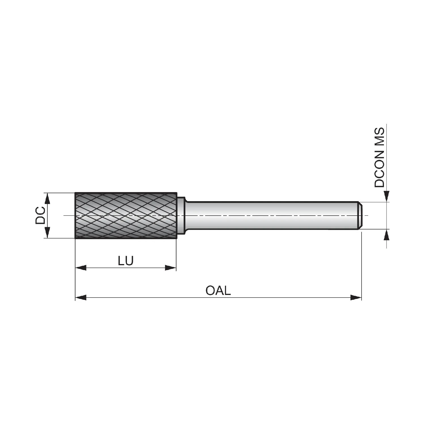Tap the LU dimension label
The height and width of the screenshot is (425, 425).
point(126,261)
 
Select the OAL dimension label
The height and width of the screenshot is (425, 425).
point(218,290)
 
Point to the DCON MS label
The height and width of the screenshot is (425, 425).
point(379,158)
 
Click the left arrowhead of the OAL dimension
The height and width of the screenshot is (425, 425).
point(80,297)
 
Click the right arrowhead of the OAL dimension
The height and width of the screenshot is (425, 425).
point(356,297)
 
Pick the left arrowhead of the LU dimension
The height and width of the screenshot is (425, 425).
point(80,268)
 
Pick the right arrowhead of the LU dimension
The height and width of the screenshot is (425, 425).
point(171,268)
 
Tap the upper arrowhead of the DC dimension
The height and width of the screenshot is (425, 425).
point(47,198)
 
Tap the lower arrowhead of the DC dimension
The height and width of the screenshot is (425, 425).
point(47,233)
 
